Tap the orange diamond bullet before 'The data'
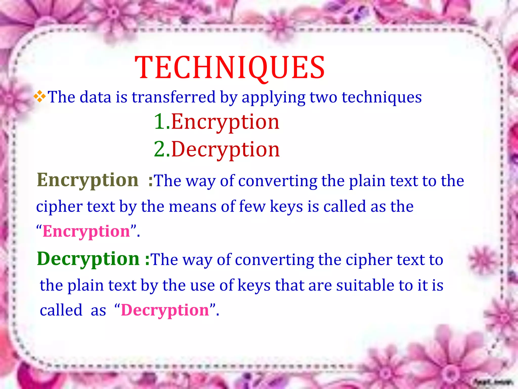point(40,96)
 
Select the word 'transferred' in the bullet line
point(174,97)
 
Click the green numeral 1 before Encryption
point(160,122)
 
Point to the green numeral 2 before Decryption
point(160,149)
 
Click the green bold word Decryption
point(88,259)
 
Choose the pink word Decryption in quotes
point(165,310)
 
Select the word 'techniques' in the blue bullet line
point(382,98)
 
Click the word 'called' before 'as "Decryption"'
point(61,310)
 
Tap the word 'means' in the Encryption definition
point(192,206)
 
